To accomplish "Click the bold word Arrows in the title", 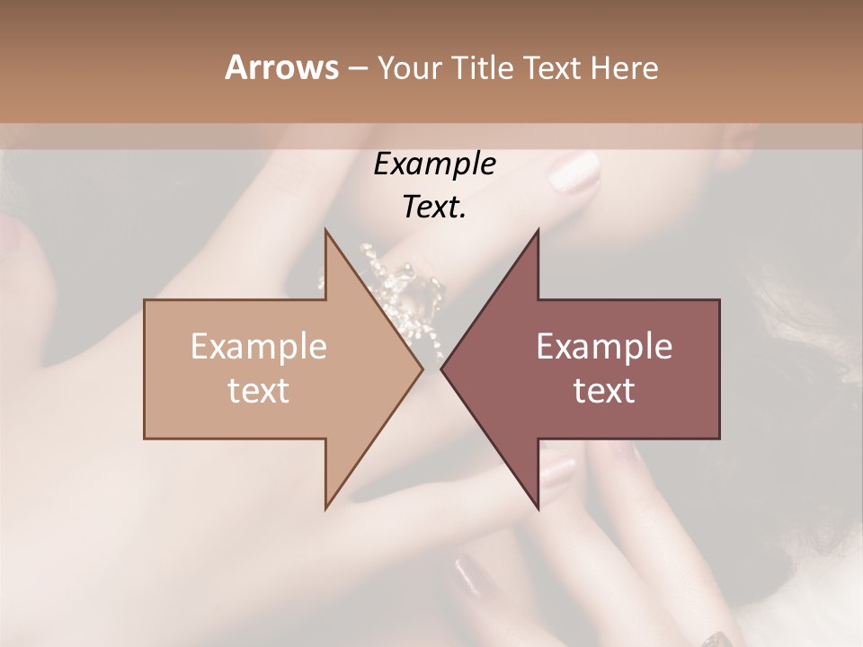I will click(281, 67).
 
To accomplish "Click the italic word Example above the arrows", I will click(435, 164).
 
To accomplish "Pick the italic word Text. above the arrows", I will click(435, 207).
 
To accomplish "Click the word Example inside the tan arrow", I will click(259, 346).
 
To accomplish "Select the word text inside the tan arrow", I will click(259, 391).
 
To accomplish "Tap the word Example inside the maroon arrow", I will click(604, 346).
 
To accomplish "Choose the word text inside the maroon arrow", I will click(604, 391).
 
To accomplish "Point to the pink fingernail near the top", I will click(574, 172).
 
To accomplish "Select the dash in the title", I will click(357, 68).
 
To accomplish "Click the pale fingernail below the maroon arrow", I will click(556, 468).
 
